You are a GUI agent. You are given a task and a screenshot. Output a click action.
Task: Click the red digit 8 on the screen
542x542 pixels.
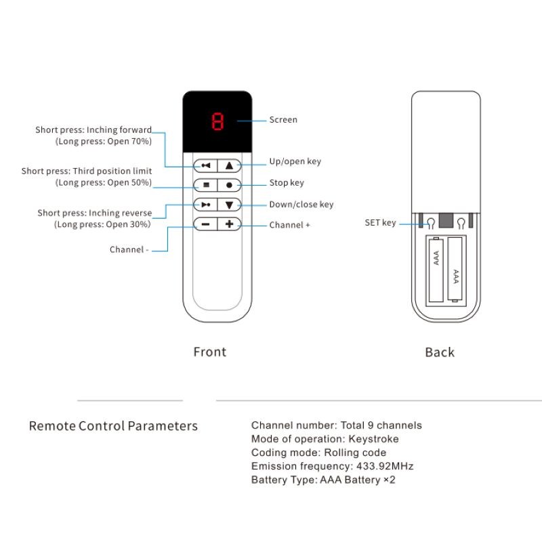coord(217,122)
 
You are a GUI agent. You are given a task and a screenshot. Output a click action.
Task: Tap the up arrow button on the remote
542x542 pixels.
coord(229,165)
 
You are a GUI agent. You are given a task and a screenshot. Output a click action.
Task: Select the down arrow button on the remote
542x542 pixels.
coord(229,205)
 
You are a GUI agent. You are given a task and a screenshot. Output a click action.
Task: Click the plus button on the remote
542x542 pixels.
coord(229,224)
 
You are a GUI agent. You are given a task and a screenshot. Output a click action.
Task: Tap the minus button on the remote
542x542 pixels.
coord(205,224)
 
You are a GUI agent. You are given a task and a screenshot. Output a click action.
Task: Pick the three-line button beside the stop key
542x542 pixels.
coord(205,184)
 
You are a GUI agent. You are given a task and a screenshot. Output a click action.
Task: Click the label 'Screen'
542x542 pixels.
coord(283,120)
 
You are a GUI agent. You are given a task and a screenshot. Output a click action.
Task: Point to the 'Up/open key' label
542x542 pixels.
coord(295,162)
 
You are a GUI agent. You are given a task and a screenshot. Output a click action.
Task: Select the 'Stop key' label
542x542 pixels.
coord(287,183)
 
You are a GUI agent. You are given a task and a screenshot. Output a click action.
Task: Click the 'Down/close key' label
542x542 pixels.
coord(301,205)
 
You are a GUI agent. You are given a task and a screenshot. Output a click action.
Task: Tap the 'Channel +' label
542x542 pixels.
coord(289,225)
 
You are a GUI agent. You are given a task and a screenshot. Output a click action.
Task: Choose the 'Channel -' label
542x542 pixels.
coord(129,250)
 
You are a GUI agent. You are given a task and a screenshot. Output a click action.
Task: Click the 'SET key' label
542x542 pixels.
coord(380,223)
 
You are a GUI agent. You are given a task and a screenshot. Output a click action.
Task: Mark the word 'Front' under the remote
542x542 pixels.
coord(210,352)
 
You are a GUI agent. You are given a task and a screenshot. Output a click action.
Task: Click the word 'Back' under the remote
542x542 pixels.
coord(440,352)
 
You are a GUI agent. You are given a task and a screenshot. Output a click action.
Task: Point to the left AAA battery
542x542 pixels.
coord(436,269)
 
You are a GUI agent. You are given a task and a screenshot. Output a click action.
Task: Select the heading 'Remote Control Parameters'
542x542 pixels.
coord(113,426)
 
